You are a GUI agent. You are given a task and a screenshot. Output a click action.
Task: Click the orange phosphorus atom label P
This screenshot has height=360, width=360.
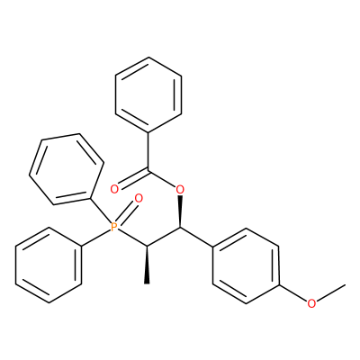[x=113, y=227]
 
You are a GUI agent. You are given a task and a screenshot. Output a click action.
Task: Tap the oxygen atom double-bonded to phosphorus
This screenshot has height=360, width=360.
[x=139, y=198]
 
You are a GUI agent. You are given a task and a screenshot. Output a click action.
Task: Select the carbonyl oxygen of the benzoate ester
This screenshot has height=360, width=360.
[x=114, y=189]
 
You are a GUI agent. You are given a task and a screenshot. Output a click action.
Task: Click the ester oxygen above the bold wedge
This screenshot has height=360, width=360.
[x=180, y=189]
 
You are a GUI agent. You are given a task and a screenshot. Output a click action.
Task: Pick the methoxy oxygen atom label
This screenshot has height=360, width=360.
[x=311, y=303]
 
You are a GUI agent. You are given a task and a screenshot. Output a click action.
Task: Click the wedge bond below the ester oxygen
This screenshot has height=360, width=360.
[x=180, y=211]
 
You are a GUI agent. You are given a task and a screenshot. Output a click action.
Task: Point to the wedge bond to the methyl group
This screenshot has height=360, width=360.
[x=147, y=265]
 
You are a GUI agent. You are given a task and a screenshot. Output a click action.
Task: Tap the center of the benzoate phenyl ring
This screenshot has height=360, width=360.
[x=148, y=94]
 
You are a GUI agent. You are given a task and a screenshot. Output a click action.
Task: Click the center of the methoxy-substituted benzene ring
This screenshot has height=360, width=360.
[x=246, y=265]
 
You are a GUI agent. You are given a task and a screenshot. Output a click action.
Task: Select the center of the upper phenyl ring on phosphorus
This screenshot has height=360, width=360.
[x=67, y=169]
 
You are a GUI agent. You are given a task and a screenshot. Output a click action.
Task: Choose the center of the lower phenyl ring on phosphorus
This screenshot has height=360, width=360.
[x=49, y=265]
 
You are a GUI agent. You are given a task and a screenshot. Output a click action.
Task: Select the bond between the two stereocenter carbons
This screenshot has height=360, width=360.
[x=164, y=237]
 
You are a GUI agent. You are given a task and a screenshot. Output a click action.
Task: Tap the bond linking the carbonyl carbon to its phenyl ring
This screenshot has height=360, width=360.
[x=148, y=152]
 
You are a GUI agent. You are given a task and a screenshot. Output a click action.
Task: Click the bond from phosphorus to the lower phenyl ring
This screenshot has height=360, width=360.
[x=96, y=238]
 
